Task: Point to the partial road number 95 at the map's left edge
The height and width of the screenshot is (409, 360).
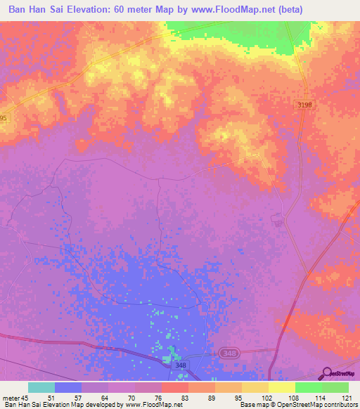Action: coord(4,118)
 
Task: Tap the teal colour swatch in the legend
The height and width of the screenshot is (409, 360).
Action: coord(41,387)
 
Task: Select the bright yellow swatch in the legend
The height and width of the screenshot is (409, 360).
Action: coord(281,387)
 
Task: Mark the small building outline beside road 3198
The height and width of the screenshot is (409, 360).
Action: coord(277,223)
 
